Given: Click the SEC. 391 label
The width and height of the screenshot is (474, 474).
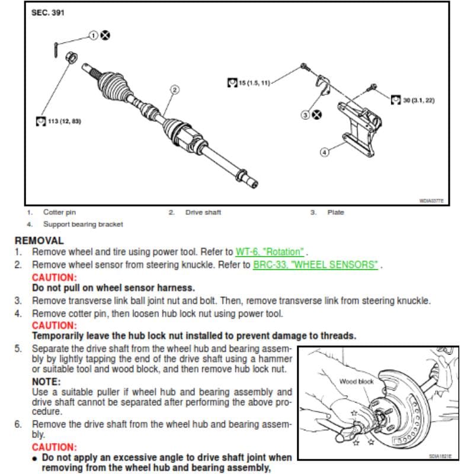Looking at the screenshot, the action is click(48, 12).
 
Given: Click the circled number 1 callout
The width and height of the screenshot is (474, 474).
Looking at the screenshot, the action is click(94, 36).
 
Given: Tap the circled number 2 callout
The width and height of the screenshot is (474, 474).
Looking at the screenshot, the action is click(175, 89).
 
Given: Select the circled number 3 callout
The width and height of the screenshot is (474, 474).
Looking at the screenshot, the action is click(305, 115).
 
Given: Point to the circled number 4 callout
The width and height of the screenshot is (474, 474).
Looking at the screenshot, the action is click(324, 152).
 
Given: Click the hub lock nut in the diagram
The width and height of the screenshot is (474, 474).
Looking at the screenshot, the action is click(71, 57).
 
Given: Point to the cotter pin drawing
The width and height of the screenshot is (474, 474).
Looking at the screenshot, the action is click(56, 50).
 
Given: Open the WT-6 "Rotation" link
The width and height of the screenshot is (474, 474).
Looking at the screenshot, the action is click(270, 252).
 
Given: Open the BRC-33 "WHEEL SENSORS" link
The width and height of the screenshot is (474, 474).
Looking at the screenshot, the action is click(315, 265).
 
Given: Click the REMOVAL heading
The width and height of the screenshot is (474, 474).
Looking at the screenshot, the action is click(39, 241).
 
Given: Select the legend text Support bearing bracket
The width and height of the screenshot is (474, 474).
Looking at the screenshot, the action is click(83, 225).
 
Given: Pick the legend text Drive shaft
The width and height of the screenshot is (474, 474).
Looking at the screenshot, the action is click(203, 212).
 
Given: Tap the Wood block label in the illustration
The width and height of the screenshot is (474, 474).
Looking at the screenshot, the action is click(357, 382).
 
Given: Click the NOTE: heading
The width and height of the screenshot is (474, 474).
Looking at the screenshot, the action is click(46, 382).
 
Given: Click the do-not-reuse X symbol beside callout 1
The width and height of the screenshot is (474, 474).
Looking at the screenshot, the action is click(105, 36).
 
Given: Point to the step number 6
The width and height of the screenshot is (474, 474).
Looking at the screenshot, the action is click(18, 424).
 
